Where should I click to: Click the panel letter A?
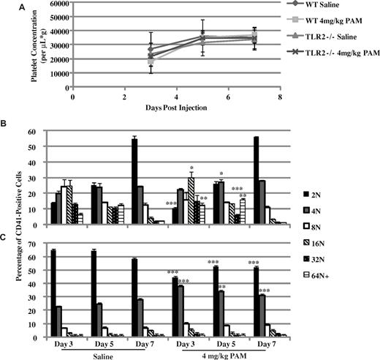[x=6, y=7]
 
